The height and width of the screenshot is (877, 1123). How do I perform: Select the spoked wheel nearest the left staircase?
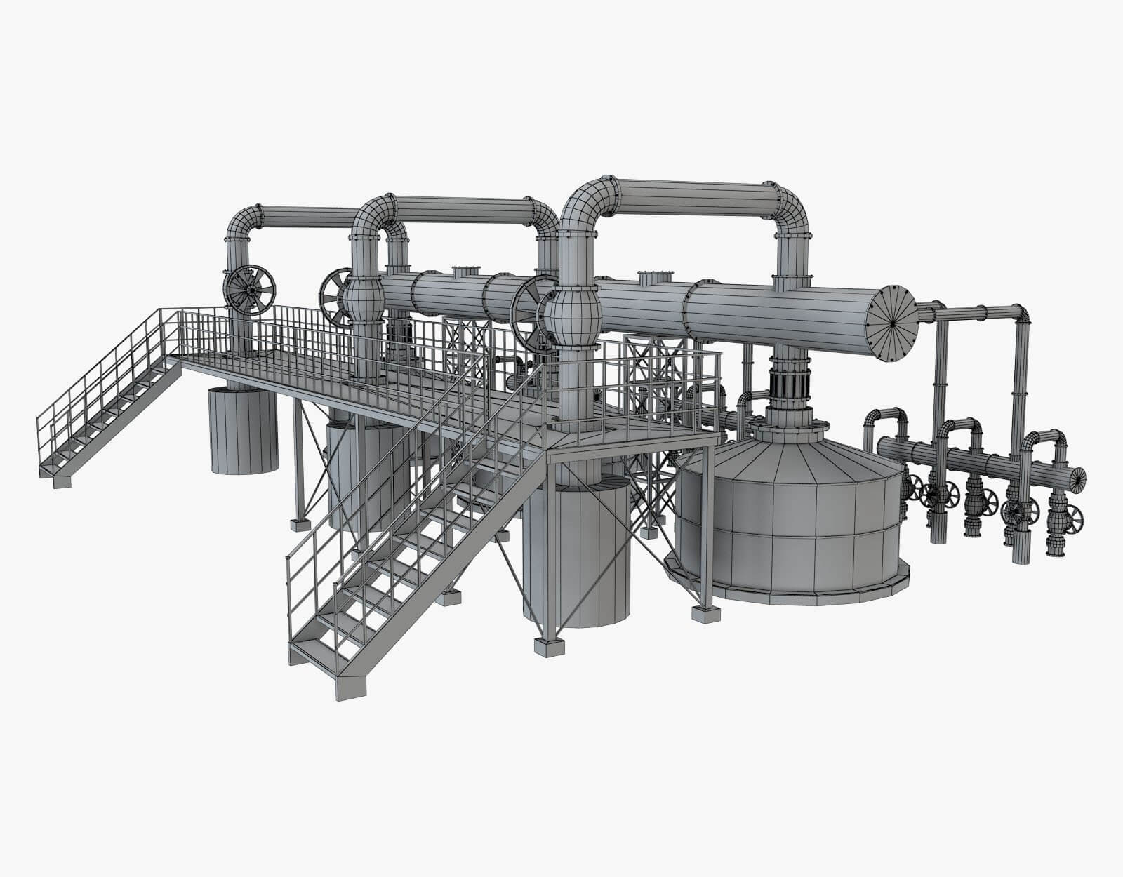249,288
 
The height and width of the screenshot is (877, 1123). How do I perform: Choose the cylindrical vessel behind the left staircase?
243,431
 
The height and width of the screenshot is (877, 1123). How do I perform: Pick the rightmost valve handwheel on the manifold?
1072,518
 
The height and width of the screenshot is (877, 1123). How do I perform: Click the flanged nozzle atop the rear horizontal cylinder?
464,271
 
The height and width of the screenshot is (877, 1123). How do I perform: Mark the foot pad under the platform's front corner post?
548,645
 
